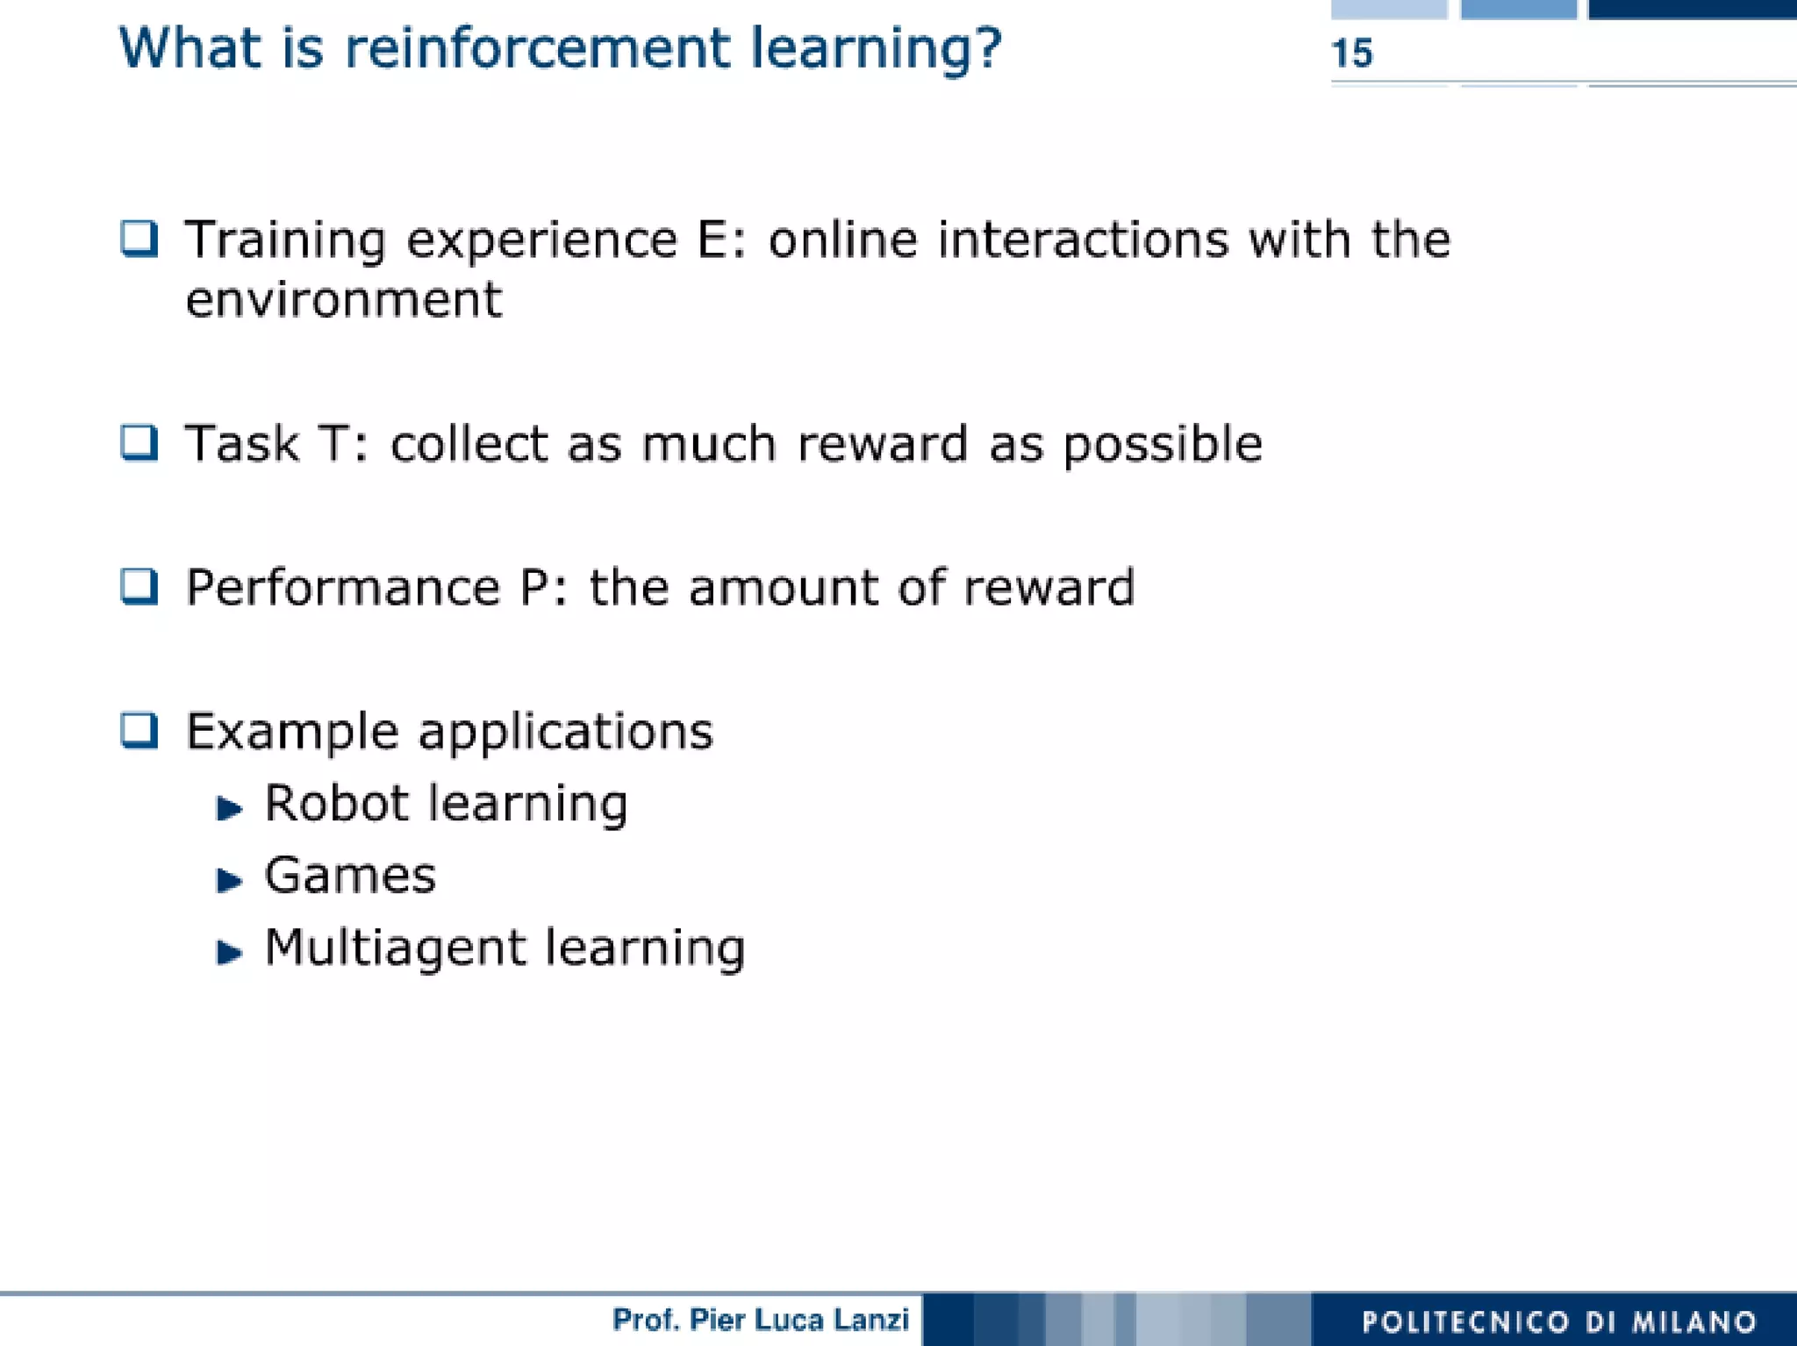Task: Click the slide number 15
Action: tap(1351, 54)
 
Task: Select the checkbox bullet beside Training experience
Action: tap(140, 239)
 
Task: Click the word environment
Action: tap(343, 300)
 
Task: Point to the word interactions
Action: tap(1084, 240)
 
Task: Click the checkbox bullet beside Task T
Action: tap(140, 442)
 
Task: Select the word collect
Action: tap(469, 443)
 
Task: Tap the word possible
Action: tap(1163, 445)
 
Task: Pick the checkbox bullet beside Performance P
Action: tap(140, 586)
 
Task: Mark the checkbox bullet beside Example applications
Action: tap(140, 730)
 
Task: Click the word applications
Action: tap(566, 733)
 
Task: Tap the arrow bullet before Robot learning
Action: tap(229, 807)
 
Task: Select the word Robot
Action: tap(336, 803)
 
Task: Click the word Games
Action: tap(350, 876)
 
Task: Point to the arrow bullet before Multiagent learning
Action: tap(229, 951)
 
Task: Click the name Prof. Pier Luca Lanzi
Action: tap(760, 1320)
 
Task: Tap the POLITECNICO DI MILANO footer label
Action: tap(1559, 1321)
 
